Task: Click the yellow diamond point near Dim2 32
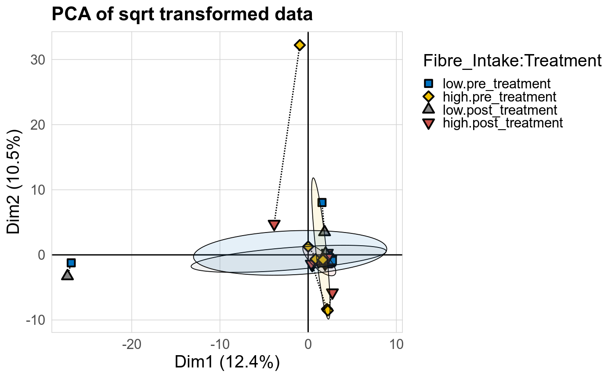[300, 45]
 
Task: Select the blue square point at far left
[71, 263]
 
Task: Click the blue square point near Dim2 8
[322, 203]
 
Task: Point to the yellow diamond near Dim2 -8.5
[327, 310]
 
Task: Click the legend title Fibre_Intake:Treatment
[512, 61]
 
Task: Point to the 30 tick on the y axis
[38, 60]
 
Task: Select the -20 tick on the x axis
[132, 344]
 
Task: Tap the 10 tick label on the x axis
[396, 344]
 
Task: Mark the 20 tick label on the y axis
[38, 125]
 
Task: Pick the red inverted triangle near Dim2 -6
[333, 294]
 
